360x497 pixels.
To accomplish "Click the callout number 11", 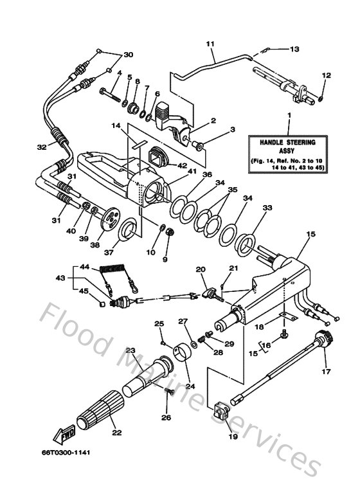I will pos(210,44).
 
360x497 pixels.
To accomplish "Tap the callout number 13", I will pos(295,49).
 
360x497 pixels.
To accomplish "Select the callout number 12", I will pos(326,76).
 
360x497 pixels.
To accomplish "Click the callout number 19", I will pos(232,437).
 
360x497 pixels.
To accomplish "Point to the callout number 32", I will pos(42,147).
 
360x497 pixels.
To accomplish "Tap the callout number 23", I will pos(131,350).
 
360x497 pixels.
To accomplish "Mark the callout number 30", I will pos(129,54).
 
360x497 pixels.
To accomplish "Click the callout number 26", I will pos(167,418).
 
